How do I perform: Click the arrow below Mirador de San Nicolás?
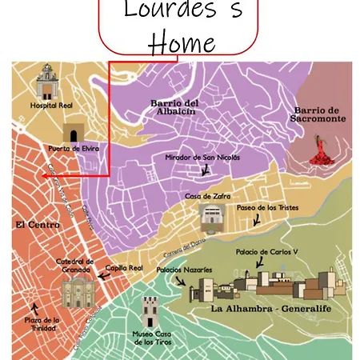[206, 170]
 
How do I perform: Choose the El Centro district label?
[37, 226]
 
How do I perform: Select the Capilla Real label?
[124, 268]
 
